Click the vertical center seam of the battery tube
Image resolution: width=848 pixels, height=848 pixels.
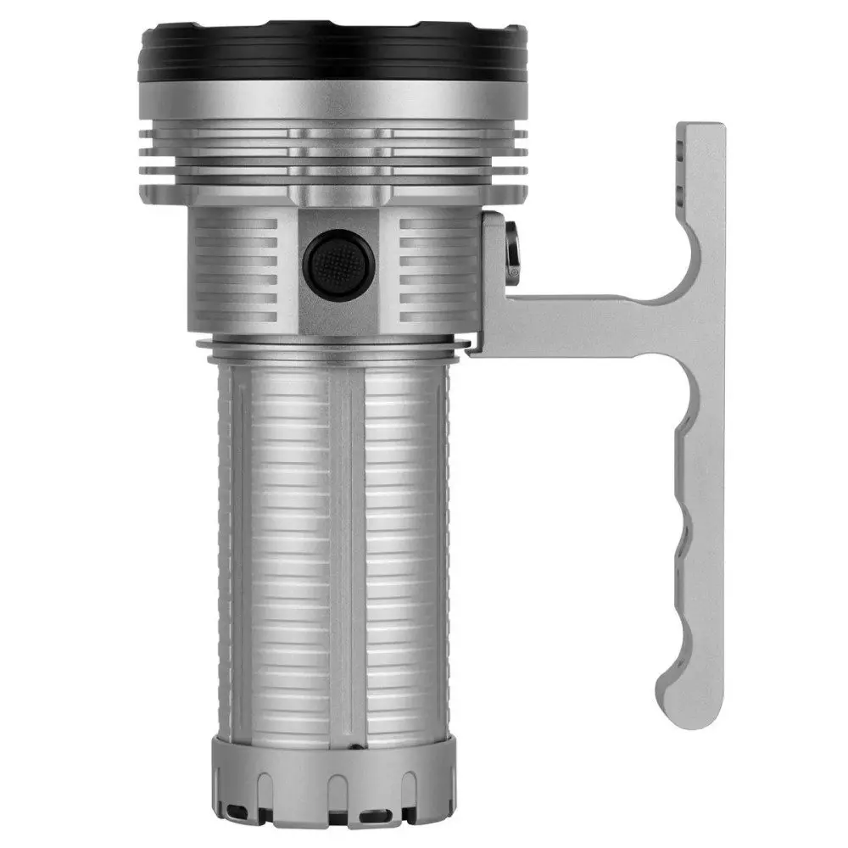346,551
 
